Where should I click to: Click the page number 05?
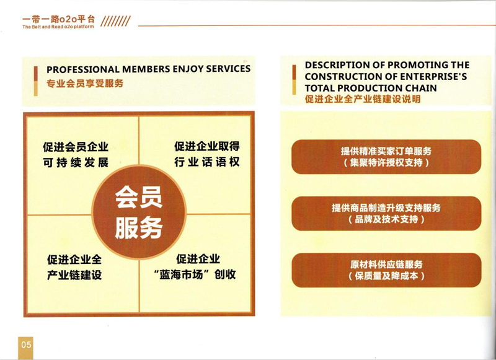[26, 344]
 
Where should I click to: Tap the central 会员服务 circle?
[139, 212]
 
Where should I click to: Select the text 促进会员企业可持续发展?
[76, 154]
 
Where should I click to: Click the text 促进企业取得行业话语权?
[207, 154]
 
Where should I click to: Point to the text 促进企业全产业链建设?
[74, 267]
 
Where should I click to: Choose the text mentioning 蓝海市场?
[195, 266]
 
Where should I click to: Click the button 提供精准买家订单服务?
[386, 157]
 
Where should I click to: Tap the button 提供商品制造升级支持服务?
[386, 213]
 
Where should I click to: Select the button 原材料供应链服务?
[386, 270]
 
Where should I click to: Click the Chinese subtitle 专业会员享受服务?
[85, 84]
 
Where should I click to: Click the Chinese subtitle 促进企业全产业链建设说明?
[363, 99]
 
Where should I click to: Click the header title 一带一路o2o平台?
[58, 19]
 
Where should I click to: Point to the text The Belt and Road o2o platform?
[58, 27]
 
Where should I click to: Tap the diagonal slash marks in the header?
[115, 21]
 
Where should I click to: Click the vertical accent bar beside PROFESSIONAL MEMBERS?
[36, 81]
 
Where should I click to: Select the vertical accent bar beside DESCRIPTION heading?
[294, 80]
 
